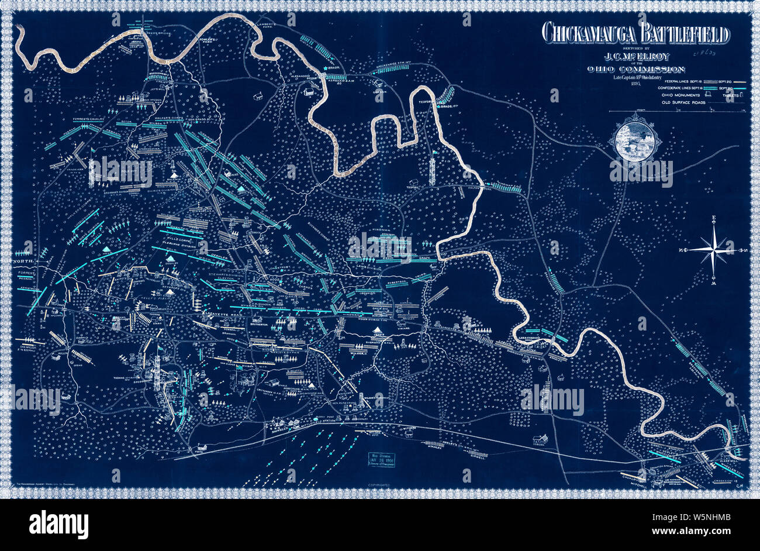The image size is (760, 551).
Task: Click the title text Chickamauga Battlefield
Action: pos(635,34)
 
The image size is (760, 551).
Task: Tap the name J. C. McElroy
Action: pos(635,57)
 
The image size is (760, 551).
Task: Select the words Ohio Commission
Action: pos(635,70)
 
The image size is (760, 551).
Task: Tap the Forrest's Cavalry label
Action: pos(87,119)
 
